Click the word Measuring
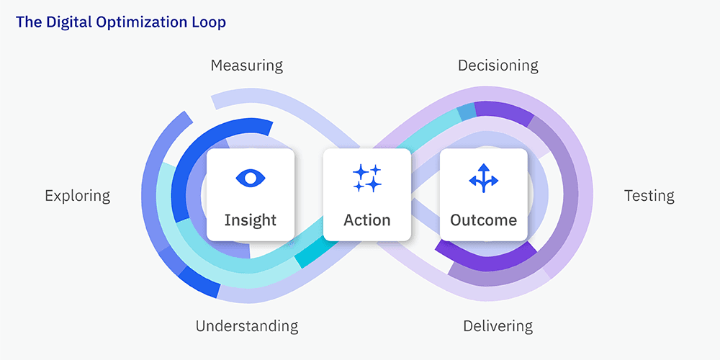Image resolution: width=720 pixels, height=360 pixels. coord(246,66)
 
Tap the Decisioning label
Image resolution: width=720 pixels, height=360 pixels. coord(498,66)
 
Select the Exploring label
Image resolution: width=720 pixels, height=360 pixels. coord(77,196)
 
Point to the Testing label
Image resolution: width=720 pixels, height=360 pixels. coord(649,196)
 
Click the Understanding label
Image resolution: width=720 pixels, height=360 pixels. coord(246,326)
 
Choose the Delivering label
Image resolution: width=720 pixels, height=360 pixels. coord(498,326)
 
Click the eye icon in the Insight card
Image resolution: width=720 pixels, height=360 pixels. coord(250,177)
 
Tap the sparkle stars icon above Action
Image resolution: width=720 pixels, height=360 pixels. coord(367,178)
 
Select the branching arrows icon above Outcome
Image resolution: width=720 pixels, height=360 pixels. coord(483,178)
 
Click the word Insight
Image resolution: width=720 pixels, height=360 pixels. coord(250,220)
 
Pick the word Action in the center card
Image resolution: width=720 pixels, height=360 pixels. coord(367,220)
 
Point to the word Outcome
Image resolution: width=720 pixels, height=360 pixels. coord(483,220)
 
